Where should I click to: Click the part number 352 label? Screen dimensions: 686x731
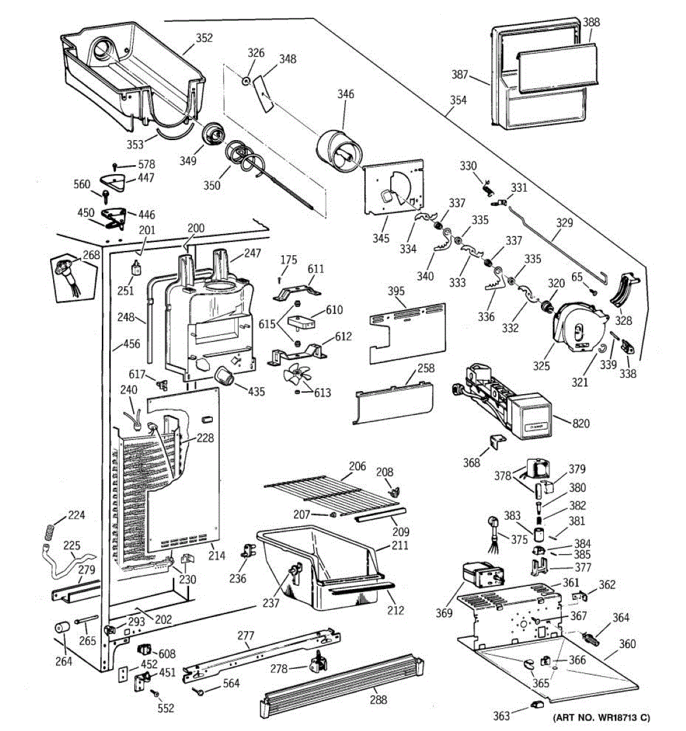click(x=204, y=38)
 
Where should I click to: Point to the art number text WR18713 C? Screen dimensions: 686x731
click(x=618, y=717)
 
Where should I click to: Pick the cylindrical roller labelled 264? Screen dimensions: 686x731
click(x=62, y=627)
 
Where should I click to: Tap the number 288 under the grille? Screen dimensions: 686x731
click(x=378, y=699)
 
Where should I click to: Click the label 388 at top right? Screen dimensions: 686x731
click(x=591, y=22)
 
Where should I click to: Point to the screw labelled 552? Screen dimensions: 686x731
click(x=155, y=693)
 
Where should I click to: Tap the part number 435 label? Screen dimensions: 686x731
click(x=256, y=391)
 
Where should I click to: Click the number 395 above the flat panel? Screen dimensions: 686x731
click(x=396, y=291)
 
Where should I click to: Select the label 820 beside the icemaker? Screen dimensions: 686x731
click(x=581, y=423)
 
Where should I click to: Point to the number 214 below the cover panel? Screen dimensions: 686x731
click(x=216, y=556)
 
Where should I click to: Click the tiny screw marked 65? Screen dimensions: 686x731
click(x=593, y=292)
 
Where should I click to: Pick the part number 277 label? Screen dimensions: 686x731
click(x=246, y=636)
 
